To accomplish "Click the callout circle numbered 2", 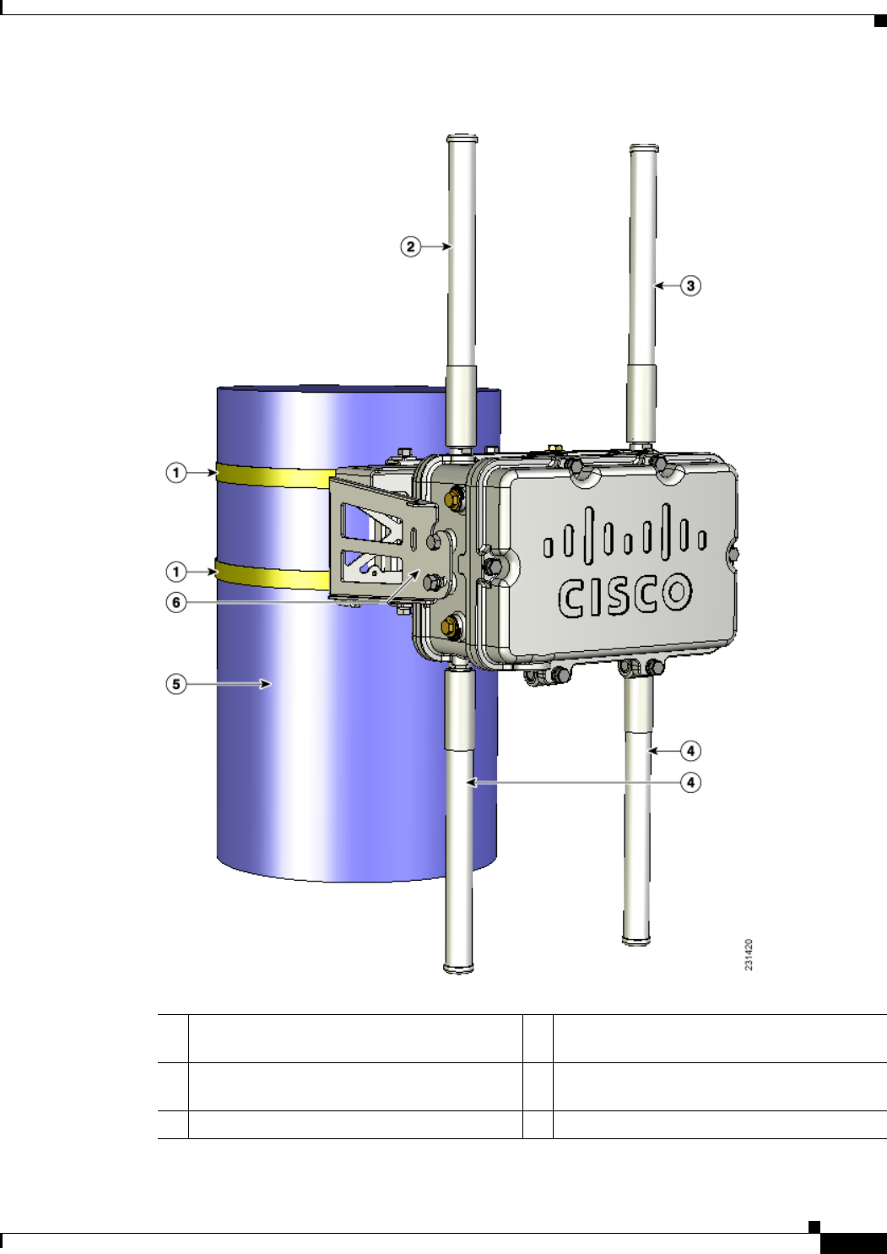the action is [x=411, y=247].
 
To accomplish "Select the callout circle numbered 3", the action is [x=690, y=285].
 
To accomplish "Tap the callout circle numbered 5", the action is [x=176, y=684].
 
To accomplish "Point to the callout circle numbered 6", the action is [x=176, y=603].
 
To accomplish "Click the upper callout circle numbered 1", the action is [x=176, y=473].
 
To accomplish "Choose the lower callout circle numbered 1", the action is [x=176, y=573].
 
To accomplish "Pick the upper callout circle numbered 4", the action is [x=690, y=751].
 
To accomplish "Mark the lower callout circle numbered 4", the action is [x=690, y=782].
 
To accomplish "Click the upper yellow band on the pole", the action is [x=274, y=476].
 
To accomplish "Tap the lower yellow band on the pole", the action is [x=273, y=576].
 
